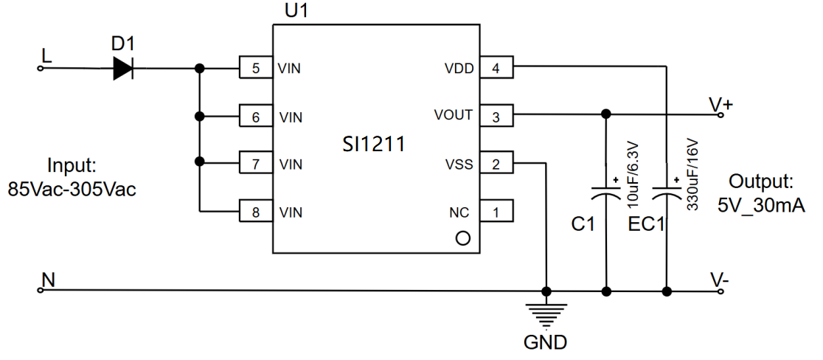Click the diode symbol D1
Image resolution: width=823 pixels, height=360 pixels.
point(123,69)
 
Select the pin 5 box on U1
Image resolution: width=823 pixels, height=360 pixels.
point(255,69)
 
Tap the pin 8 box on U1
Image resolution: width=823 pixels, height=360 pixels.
point(255,212)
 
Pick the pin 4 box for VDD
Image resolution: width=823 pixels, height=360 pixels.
point(496,69)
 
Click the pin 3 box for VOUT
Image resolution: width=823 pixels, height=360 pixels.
point(496,117)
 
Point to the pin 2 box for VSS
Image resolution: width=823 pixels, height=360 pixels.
point(496,165)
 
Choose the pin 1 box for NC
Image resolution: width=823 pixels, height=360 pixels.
point(496,212)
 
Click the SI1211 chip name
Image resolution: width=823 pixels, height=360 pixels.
point(374,144)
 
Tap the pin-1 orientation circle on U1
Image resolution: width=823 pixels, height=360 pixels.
point(463,238)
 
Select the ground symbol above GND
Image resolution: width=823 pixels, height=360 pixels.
point(546,313)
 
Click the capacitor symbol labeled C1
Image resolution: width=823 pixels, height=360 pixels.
point(606,193)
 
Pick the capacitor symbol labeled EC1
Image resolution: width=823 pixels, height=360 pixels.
point(667,193)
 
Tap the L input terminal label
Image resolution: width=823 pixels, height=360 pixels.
point(46,56)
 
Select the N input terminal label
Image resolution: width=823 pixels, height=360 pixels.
point(48,280)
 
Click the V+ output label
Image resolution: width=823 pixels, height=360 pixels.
point(720,104)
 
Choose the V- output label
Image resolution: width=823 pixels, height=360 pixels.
point(720,280)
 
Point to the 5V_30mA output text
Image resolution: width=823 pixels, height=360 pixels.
point(760,204)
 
